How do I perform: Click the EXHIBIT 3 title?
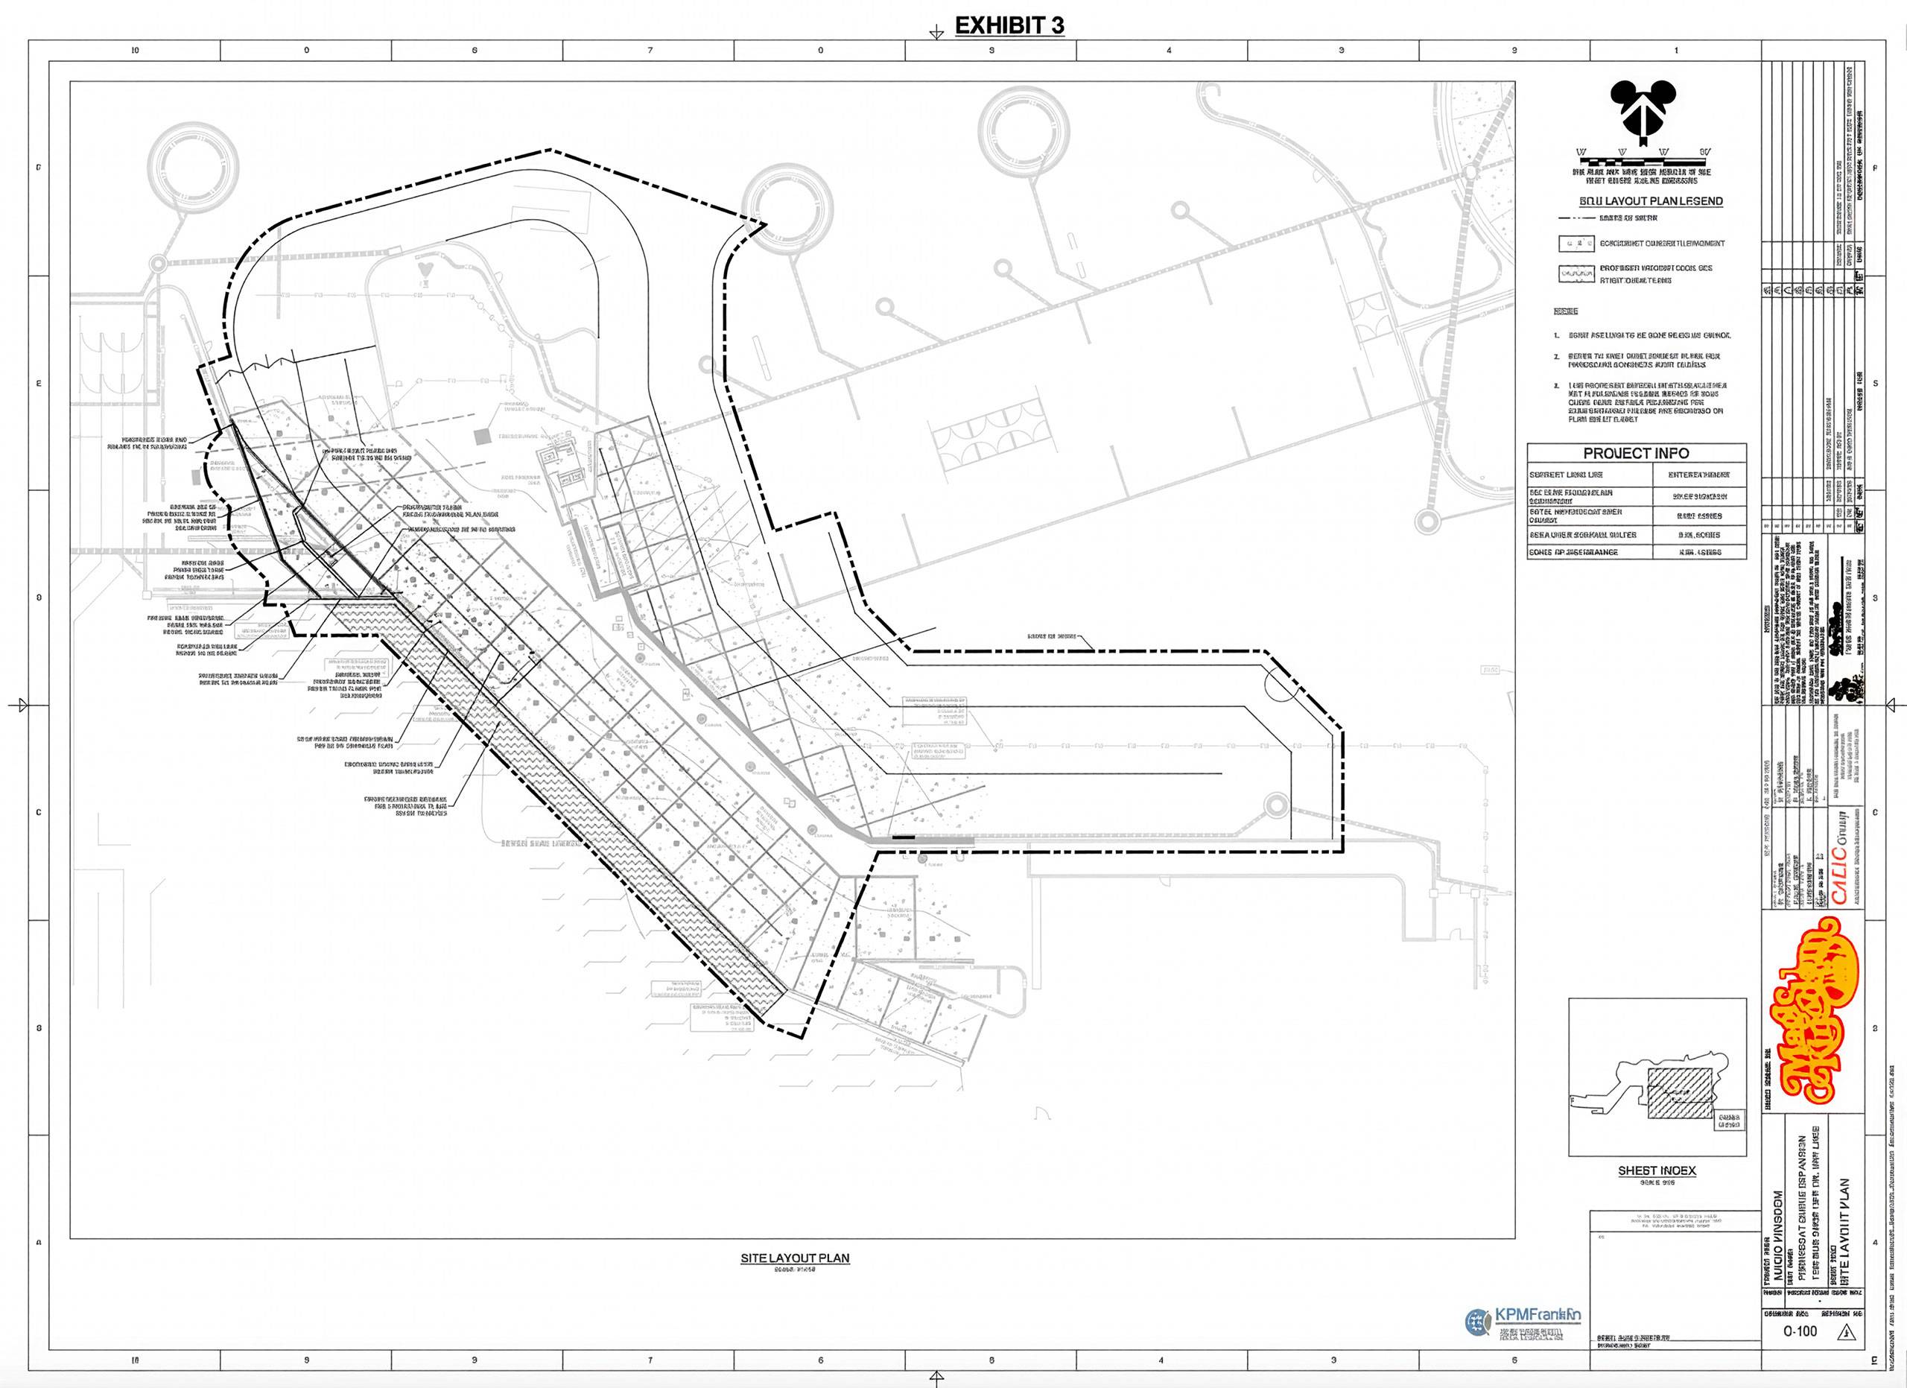(x=1009, y=26)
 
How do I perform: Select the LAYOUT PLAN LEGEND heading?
(x=1651, y=202)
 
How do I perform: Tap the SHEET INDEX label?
(x=1657, y=1170)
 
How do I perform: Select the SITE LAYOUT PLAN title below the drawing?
(x=795, y=1258)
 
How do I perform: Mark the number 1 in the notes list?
(x=1556, y=335)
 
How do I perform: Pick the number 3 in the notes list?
(x=1556, y=386)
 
